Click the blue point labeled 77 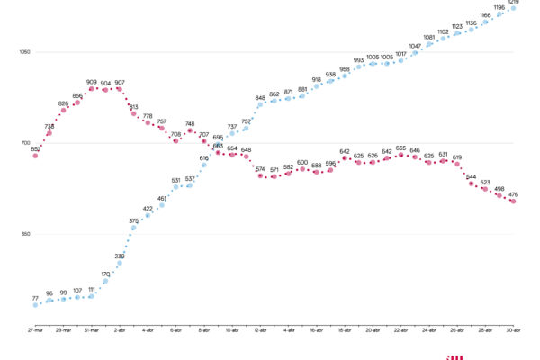[35, 304]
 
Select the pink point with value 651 [35, 156]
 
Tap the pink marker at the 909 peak [92, 88]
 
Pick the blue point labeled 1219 [513, 7]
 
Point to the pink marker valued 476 [513, 202]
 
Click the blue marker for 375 [134, 228]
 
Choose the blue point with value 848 [260, 104]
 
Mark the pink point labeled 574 [260, 175]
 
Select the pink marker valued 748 [190, 130]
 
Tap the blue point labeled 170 [105, 281]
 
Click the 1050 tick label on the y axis [25, 51]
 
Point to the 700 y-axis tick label [25, 143]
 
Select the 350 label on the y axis [25, 234]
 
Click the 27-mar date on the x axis [35, 331]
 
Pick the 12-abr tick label [260, 331]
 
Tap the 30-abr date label [513, 331]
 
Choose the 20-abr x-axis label [373, 331]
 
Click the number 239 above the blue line [120, 256]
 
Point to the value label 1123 [457, 26]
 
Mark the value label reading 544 [471, 176]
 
